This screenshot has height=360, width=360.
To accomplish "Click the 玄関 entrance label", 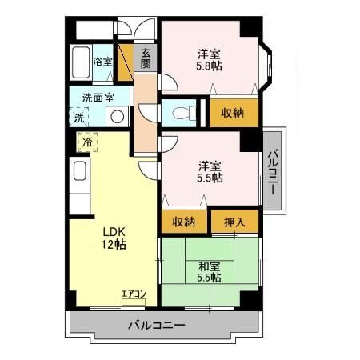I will coord(146,59).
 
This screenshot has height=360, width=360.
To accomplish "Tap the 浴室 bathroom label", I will coord(102,61).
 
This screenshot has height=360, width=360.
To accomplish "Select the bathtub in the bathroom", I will coord(79,62).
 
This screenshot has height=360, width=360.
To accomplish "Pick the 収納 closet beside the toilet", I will coord(234,112).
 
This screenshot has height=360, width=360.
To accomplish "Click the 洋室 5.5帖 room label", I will coord(210,172).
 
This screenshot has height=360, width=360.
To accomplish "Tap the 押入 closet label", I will coord(235,221).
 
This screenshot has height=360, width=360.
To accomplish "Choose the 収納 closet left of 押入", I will coord(185,221).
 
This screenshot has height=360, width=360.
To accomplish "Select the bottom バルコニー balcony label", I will coord(157,326).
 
